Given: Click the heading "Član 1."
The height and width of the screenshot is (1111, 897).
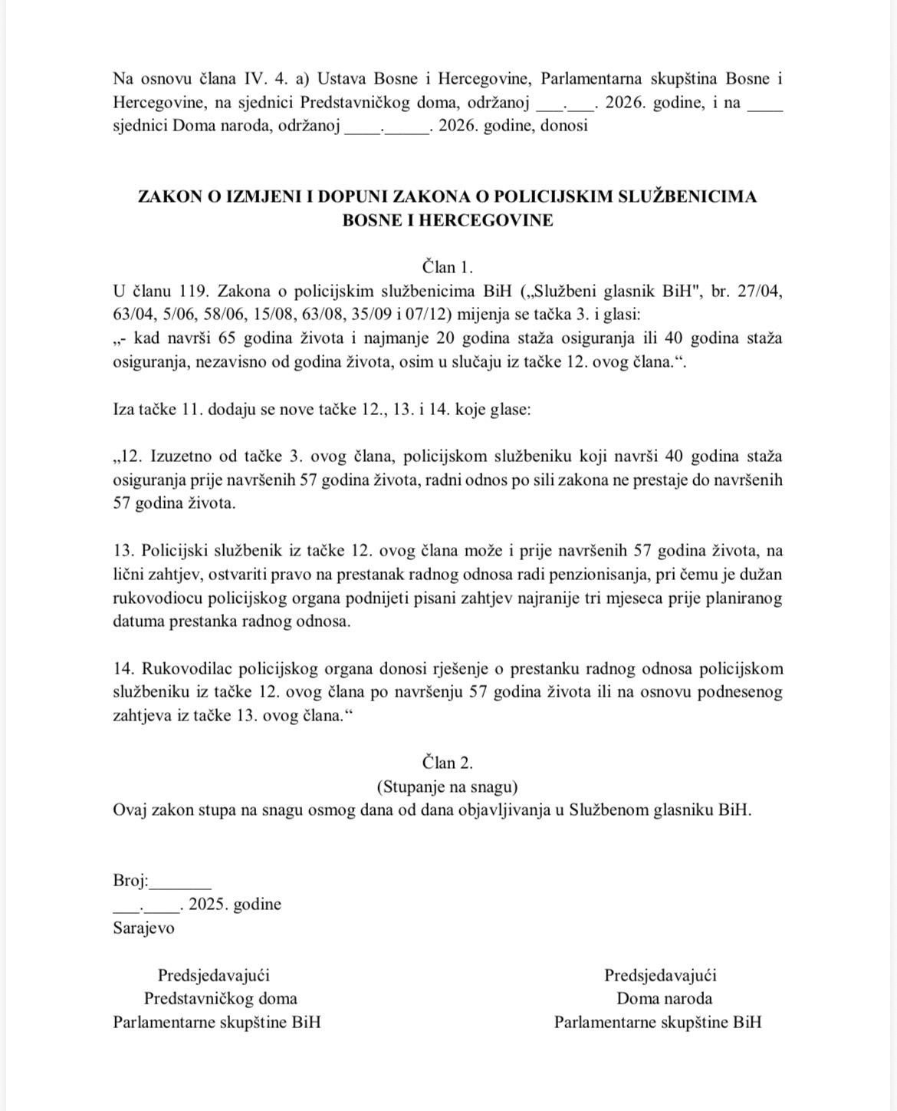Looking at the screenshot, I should (448, 267).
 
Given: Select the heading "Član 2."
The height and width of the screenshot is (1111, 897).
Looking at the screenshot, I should (448, 763).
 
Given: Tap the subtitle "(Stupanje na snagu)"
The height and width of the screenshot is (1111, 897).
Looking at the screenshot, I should (448, 786).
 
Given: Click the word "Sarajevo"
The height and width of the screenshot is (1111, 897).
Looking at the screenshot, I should (143, 928).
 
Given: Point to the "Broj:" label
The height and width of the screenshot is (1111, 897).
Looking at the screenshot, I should (130, 881).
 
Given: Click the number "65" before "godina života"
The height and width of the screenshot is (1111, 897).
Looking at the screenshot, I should (227, 338).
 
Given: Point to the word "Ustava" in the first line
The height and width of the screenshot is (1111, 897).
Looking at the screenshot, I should (344, 79).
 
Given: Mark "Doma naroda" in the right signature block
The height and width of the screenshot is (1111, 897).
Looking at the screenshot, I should (664, 998).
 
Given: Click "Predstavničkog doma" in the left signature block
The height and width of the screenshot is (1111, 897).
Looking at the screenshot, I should (221, 998).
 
